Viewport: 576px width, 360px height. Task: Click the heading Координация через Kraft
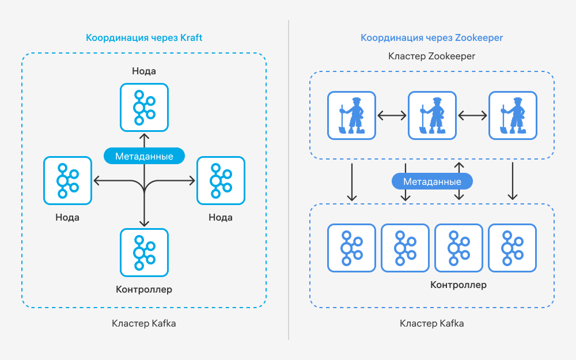click(144, 38)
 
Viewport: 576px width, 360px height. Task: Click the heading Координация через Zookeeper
click(431, 38)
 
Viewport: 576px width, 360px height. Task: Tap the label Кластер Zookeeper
click(431, 56)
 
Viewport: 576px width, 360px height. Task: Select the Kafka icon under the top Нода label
click(144, 107)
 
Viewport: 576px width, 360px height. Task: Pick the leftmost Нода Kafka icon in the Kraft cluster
click(67, 180)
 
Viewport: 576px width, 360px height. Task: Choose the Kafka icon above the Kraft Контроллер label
click(144, 252)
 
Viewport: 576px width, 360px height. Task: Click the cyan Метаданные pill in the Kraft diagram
click(144, 156)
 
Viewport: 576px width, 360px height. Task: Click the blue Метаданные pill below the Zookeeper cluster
click(432, 181)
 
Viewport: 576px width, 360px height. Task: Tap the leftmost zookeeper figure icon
click(351, 115)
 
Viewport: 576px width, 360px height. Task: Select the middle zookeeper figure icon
click(432, 115)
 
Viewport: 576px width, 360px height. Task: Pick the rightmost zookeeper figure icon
click(513, 115)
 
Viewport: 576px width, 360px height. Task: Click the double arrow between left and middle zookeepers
click(392, 115)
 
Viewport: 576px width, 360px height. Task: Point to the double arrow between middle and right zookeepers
click(472, 115)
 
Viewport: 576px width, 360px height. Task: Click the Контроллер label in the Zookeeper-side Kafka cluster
click(458, 285)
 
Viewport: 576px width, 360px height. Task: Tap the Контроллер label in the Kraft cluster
click(144, 290)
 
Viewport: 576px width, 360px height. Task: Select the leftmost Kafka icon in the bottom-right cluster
click(351, 248)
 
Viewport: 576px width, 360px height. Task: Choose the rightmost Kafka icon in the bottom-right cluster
click(512, 248)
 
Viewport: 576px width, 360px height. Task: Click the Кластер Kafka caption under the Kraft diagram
click(144, 323)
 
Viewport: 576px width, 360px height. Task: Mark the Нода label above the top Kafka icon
click(144, 71)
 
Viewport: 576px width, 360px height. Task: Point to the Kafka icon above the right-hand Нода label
click(221, 180)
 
